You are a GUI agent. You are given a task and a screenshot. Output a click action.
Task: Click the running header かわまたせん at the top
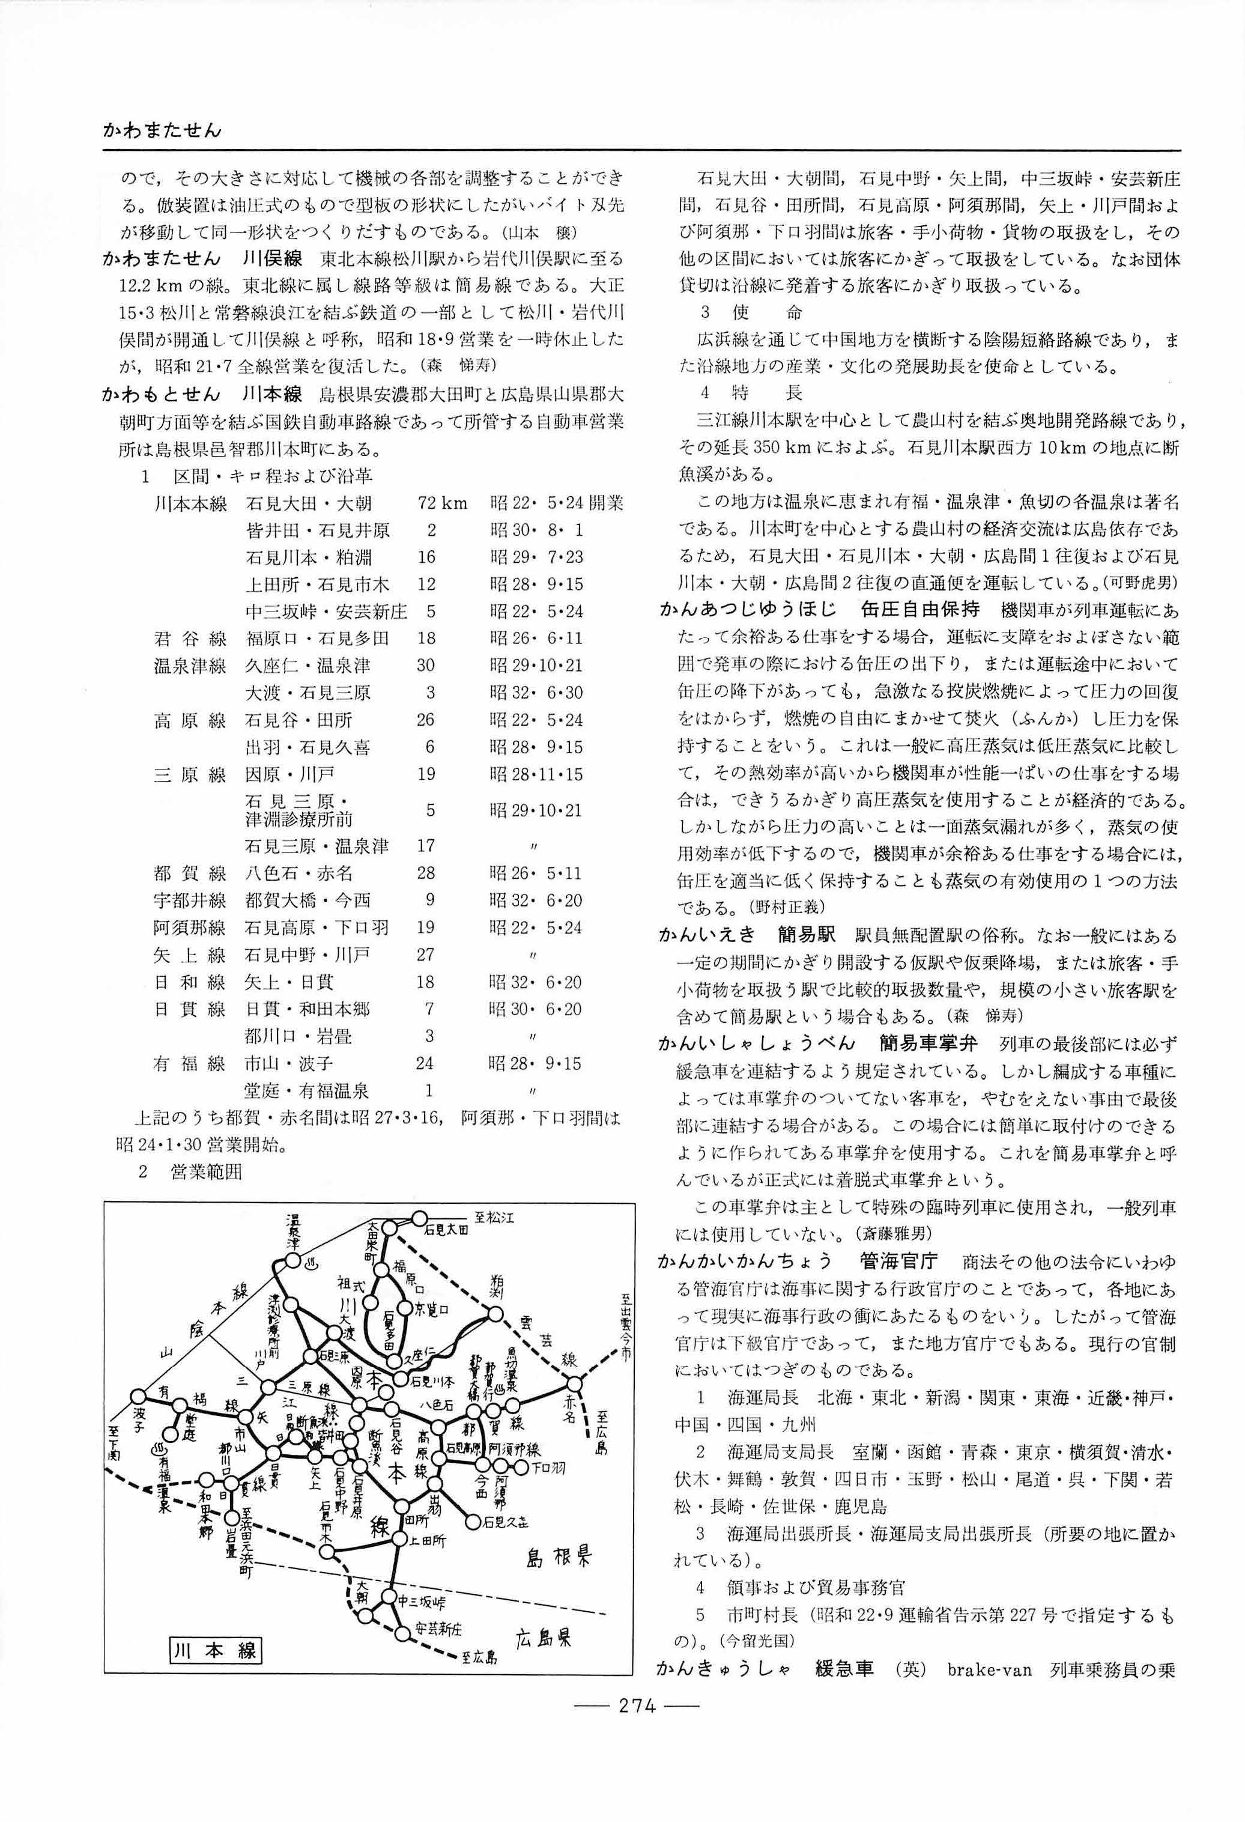(162, 130)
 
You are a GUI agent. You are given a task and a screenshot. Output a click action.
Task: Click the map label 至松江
(495, 1218)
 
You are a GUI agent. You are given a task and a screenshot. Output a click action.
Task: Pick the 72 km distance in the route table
(442, 503)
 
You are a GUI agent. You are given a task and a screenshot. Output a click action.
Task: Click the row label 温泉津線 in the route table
(190, 666)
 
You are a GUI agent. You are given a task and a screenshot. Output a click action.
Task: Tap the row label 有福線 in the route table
(190, 1064)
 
